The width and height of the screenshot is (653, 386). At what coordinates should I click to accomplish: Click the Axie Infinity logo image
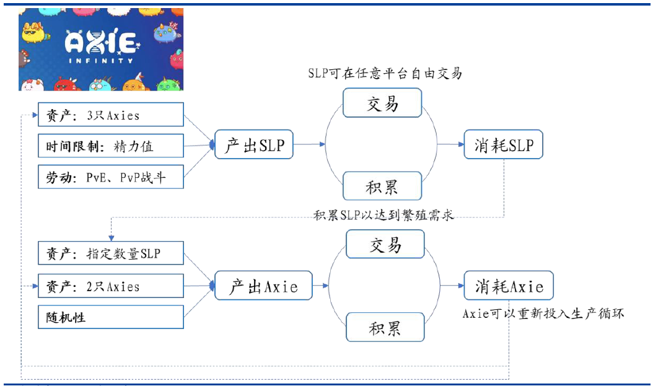click(x=101, y=49)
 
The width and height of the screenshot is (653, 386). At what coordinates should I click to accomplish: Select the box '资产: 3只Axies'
click(x=111, y=115)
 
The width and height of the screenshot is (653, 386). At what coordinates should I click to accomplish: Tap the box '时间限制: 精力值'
click(x=111, y=146)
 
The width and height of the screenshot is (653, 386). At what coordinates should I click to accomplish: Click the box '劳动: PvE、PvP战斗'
click(x=111, y=177)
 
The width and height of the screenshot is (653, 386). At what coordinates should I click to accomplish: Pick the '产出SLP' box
click(x=254, y=144)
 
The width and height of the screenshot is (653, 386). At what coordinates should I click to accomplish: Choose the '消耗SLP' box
click(x=504, y=144)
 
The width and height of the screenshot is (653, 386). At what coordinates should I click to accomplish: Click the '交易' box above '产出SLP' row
click(x=382, y=103)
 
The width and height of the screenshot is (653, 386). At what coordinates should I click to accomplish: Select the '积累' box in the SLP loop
click(x=382, y=186)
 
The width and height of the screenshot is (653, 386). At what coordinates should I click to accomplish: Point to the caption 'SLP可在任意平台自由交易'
click(x=385, y=73)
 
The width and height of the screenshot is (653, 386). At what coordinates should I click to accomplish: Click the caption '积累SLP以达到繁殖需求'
click(x=383, y=215)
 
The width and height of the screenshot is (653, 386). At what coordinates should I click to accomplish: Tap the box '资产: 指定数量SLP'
click(x=111, y=253)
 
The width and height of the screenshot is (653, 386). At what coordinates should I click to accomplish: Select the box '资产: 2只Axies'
click(x=111, y=286)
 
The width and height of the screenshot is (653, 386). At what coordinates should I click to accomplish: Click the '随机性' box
click(x=111, y=317)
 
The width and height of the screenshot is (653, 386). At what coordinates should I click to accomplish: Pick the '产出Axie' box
click(x=263, y=286)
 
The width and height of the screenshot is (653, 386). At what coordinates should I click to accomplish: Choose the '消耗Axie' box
click(x=509, y=286)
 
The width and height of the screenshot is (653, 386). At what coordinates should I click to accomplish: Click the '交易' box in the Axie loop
click(x=385, y=244)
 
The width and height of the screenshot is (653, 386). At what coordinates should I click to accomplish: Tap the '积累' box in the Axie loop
click(x=385, y=328)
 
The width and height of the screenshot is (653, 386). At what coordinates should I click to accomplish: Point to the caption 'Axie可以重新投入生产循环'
click(x=543, y=314)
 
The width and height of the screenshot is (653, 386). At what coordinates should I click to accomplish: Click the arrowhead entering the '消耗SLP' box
click(x=462, y=144)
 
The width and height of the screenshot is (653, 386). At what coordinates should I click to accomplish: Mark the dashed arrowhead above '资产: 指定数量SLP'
click(x=111, y=238)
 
